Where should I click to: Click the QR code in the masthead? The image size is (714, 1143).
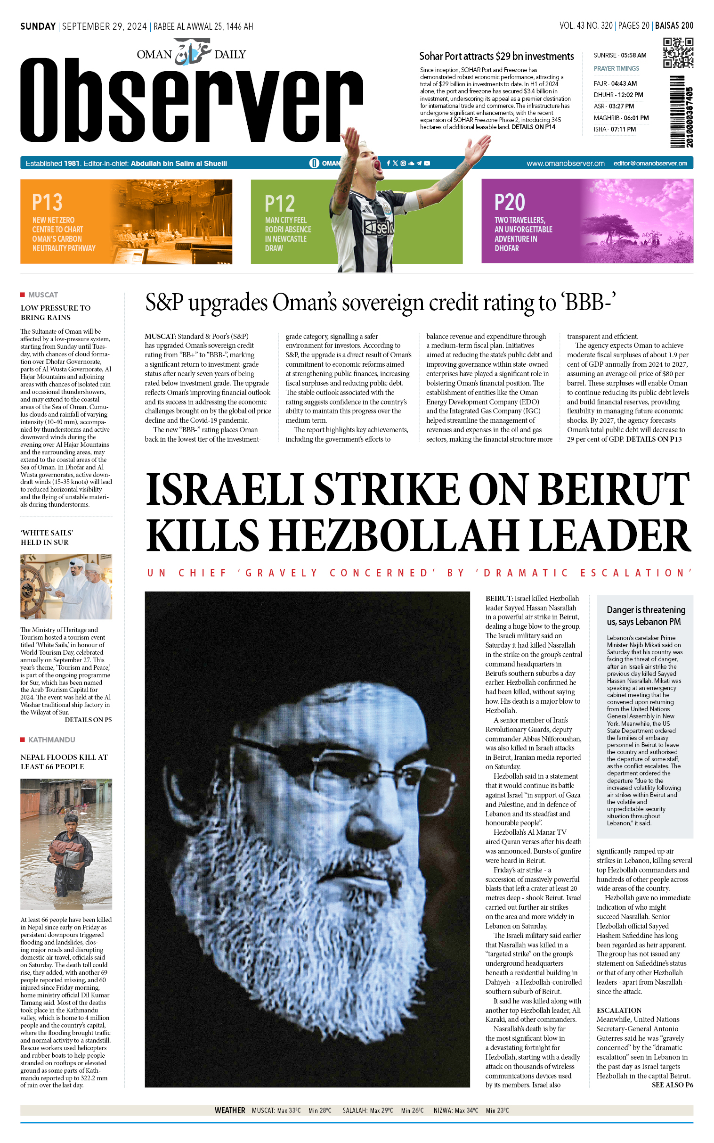(x=678, y=52)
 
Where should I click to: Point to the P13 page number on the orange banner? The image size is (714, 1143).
(x=47, y=202)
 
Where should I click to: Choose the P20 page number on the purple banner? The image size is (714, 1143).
(x=510, y=202)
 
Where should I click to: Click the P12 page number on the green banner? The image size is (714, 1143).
(x=280, y=204)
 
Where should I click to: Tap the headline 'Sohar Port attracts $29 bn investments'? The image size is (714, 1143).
(x=496, y=56)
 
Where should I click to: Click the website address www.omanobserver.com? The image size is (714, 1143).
(x=565, y=164)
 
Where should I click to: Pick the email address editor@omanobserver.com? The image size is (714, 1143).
(x=650, y=164)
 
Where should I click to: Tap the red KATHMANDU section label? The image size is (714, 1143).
(x=51, y=740)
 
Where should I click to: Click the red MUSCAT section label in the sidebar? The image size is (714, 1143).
(x=42, y=295)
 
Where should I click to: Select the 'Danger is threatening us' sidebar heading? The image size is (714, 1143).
(x=645, y=616)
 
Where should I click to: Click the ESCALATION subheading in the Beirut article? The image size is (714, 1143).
(x=618, y=1010)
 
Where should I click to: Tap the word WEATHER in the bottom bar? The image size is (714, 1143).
(x=229, y=1110)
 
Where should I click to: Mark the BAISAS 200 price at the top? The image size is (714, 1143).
(x=674, y=25)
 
